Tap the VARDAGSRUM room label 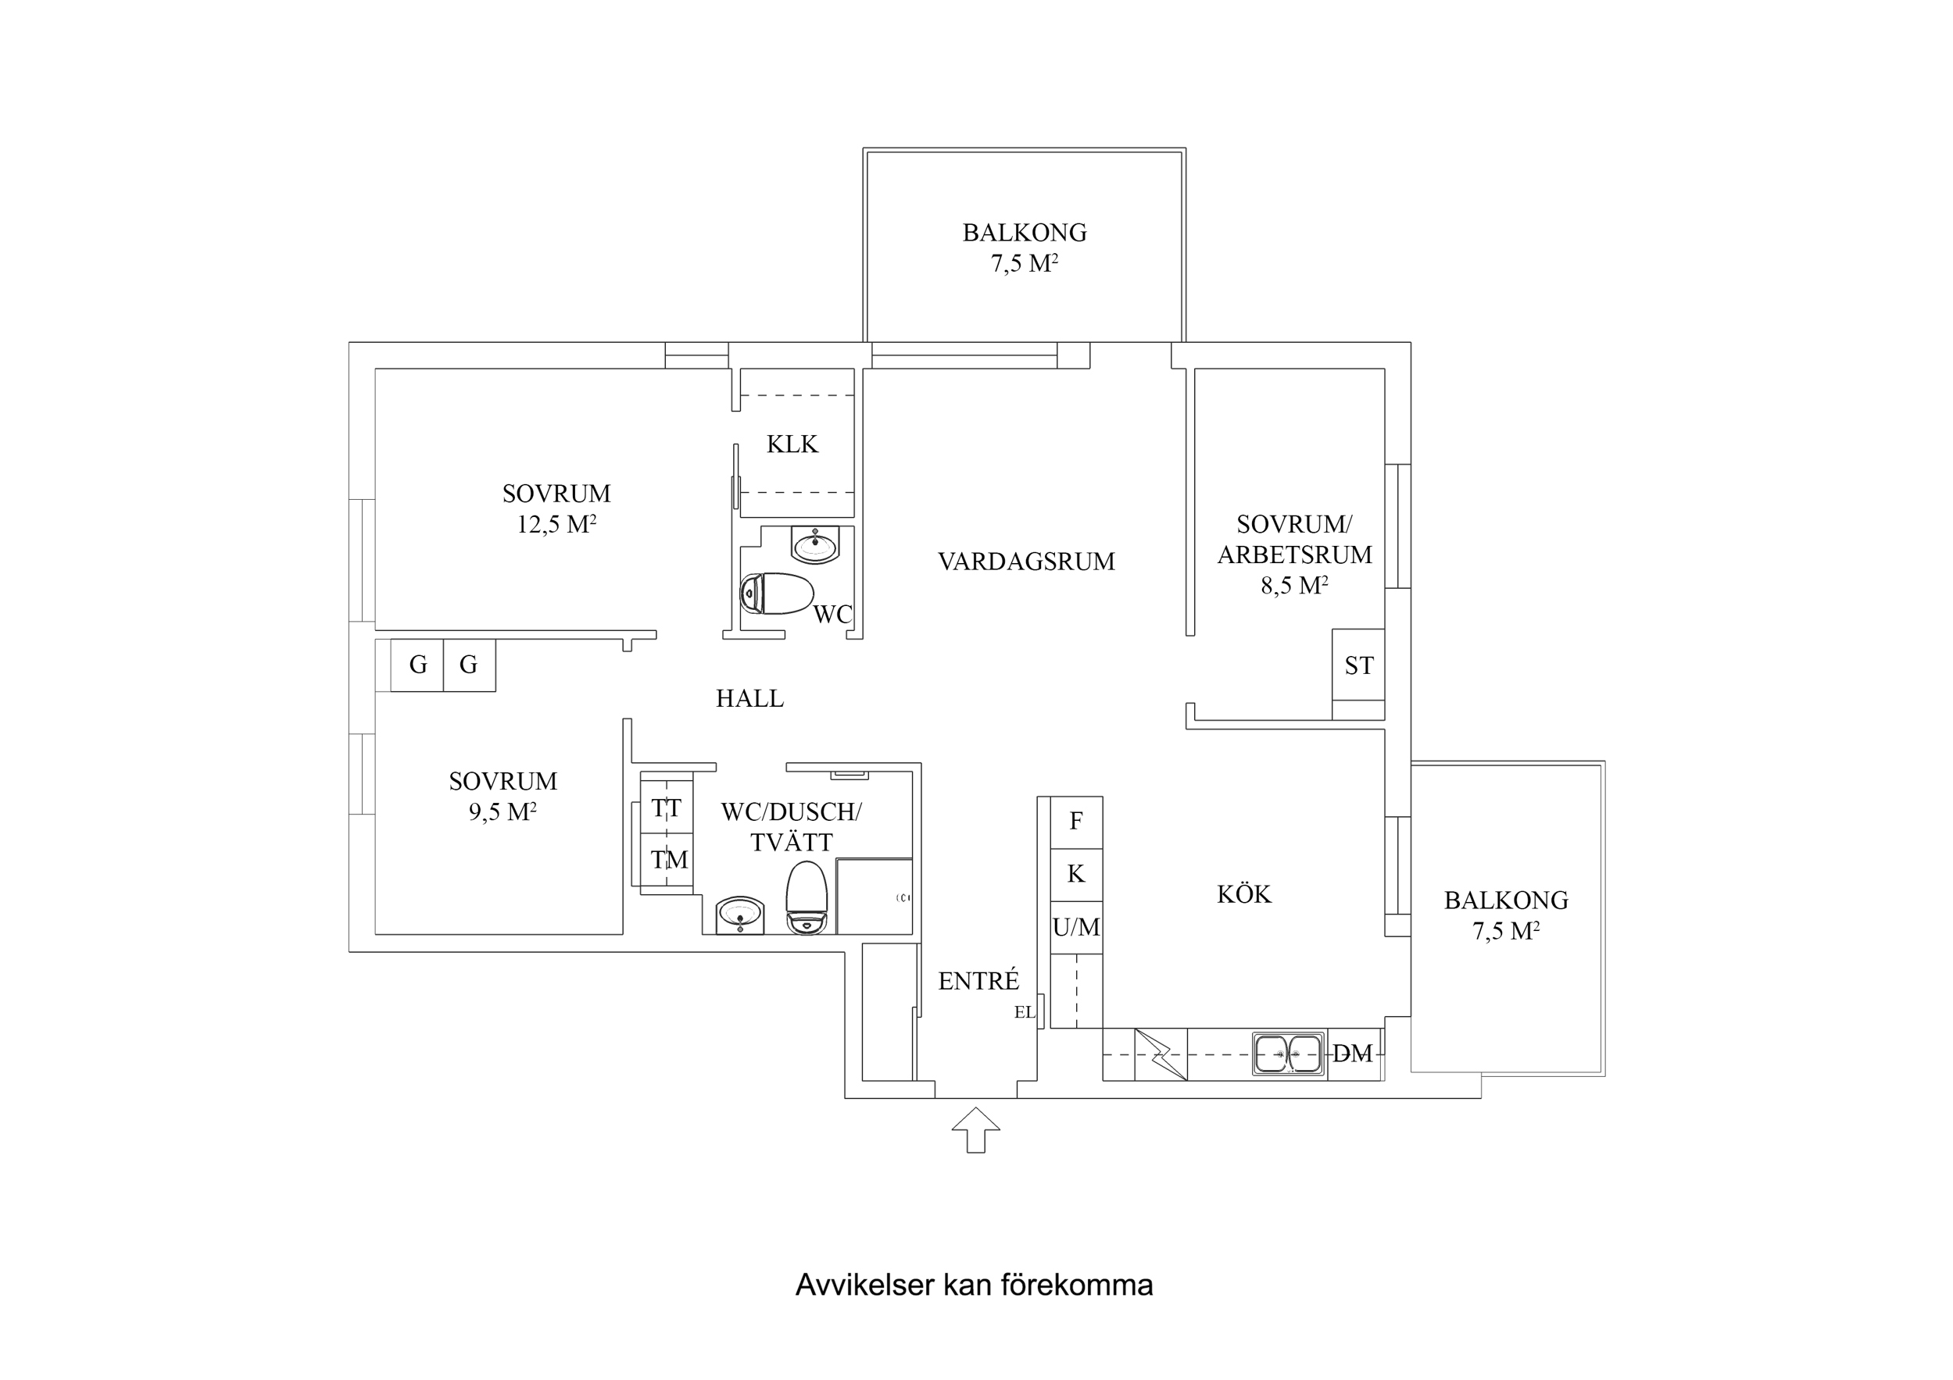1026,562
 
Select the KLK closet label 792,444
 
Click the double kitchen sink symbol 1289,1054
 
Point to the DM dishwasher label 1353,1054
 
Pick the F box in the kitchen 1076,822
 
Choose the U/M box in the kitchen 1076,928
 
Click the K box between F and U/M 1076,874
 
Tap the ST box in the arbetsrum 1358,665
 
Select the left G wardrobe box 417,665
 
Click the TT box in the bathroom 666,808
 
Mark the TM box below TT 668,861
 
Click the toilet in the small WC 777,594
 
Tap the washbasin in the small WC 815,544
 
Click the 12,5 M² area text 556,525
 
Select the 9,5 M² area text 502,812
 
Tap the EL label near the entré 1024,1013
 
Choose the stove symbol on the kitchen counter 1161,1054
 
